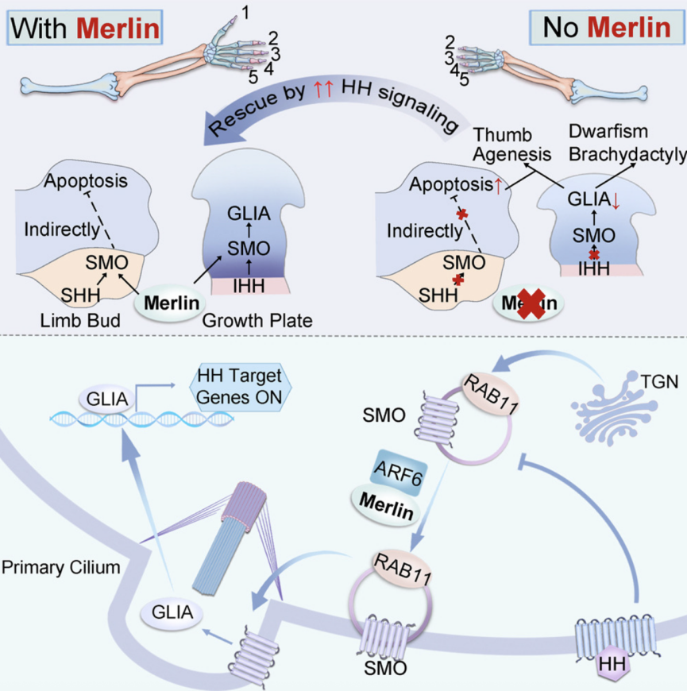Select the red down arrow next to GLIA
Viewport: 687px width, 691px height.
click(616, 199)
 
